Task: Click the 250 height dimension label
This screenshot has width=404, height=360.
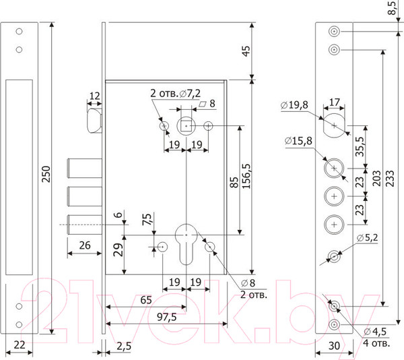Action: [x=46, y=175]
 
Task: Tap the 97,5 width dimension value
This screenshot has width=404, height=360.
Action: [x=167, y=318]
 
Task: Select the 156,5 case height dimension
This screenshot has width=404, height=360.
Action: [x=246, y=176]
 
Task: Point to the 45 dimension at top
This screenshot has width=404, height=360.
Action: [x=246, y=51]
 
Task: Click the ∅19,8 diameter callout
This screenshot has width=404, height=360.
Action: [x=294, y=105]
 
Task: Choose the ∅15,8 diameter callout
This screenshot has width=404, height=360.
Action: [x=298, y=141]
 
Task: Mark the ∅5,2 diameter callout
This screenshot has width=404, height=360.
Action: [x=368, y=237]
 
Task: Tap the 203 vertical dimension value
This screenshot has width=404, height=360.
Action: [x=376, y=178]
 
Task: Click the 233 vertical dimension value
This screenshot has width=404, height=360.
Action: [x=390, y=178]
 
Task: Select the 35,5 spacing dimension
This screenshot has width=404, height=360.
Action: [x=360, y=146]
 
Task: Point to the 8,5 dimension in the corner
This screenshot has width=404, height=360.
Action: [x=392, y=8]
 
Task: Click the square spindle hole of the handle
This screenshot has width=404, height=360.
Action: [x=186, y=126]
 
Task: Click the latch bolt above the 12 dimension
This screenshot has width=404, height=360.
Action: [x=94, y=121]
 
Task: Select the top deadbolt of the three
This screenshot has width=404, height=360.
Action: [x=85, y=168]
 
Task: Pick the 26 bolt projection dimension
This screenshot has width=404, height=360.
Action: [x=85, y=245]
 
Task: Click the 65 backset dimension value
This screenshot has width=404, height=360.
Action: [x=146, y=300]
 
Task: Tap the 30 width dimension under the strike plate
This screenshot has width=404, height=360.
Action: [x=334, y=346]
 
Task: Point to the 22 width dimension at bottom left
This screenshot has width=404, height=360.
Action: [x=20, y=345]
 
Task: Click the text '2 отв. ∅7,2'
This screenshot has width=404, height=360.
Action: [x=176, y=93]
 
